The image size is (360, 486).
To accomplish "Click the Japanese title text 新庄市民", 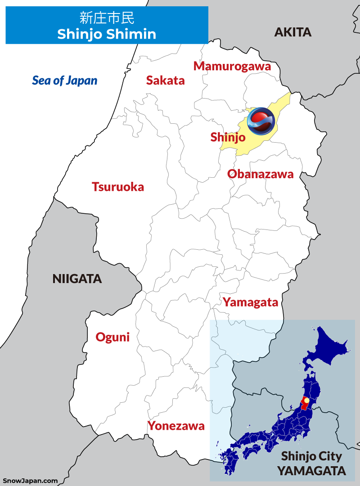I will click(107, 18).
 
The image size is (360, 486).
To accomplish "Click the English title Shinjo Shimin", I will click(107, 34).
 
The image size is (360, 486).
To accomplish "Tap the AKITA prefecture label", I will click(293, 32).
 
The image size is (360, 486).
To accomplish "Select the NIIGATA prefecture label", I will click(77, 279).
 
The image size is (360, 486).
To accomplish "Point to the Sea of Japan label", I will click(64, 81).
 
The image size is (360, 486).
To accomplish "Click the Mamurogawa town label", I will click(232, 66).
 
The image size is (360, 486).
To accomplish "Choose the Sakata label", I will click(165, 81).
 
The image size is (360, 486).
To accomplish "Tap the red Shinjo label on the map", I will click(228, 137).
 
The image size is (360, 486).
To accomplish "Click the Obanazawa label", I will click(260, 174).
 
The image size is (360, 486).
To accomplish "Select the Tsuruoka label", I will click(118, 187).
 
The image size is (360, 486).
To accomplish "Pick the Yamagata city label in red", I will click(250, 302).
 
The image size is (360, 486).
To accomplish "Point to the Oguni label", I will click(112, 337).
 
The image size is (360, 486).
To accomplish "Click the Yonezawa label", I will click(176, 426).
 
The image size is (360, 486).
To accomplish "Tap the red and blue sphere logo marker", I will click(261, 121).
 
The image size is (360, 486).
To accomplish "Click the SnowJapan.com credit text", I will click(30, 481).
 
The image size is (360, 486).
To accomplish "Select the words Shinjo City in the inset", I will click(311, 456).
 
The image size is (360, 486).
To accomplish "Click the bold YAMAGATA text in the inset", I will click(311, 471).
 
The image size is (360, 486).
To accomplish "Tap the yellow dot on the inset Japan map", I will click(306, 400).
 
